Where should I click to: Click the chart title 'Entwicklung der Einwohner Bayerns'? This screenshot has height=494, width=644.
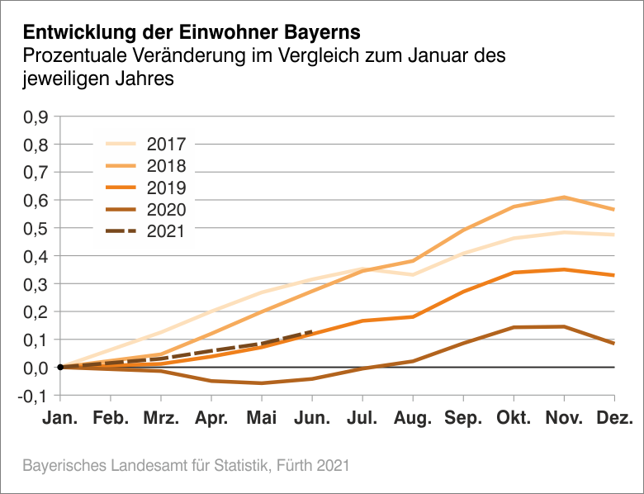click(x=192, y=33)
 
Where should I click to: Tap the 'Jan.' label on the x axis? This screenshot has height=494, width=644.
click(x=60, y=419)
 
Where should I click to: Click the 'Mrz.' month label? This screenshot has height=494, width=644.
click(x=161, y=419)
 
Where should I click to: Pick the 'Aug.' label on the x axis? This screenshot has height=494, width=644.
click(x=413, y=419)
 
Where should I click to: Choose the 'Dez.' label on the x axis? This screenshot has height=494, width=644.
click(x=613, y=419)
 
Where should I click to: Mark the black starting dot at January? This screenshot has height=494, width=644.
click(x=60, y=367)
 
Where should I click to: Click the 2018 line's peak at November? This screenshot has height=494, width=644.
click(x=564, y=197)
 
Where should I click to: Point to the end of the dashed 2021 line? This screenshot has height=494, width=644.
click(x=312, y=331)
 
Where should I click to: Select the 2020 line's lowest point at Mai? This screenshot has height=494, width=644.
click(x=262, y=383)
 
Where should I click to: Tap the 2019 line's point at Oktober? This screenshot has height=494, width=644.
click(x=514, y=273)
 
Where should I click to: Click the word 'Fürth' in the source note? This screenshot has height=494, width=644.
click(x=298, y=466)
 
